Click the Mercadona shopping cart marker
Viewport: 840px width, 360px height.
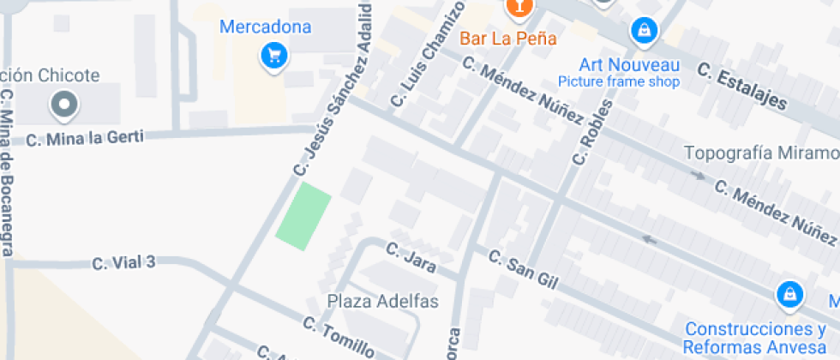coord(274,57)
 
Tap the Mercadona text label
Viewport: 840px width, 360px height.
coord(266,27)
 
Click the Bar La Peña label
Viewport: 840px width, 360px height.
coord(508,39)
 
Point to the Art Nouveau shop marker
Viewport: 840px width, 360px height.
coord(642,33)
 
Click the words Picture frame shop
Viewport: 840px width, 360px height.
coord(619,82)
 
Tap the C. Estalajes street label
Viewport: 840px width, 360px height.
coord(741,86)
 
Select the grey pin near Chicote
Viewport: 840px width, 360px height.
coord(63,105)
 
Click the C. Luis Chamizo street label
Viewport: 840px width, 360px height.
coord(427,56)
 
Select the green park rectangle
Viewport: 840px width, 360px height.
coord(303,217)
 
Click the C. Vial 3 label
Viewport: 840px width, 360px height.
coord(123,262)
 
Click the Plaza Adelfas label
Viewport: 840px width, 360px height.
coord(383,302)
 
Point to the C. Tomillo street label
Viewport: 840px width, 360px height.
coord(339,337)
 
